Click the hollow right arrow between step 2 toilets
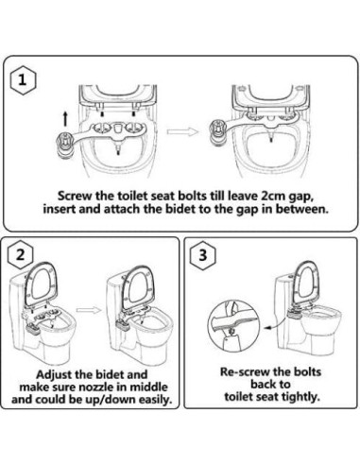(87, 308)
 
